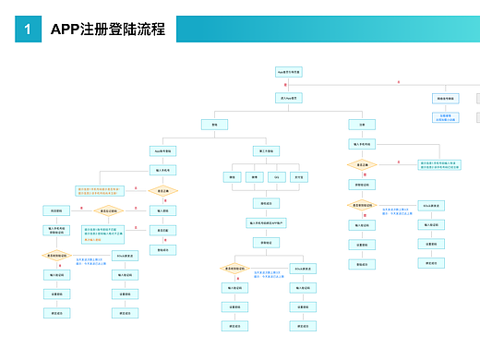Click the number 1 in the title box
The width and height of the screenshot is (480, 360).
click(x=28, y=30)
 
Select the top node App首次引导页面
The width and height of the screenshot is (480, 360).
click(x=289, y=71)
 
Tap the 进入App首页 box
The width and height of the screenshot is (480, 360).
click(x=289, y=96)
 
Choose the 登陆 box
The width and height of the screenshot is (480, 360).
click(x=214, y=124)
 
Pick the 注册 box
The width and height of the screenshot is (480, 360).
click(x=361, y=124)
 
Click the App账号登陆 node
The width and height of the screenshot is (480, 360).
click(x=162, y=150)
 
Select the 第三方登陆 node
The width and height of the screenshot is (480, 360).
click(x=263, y=150)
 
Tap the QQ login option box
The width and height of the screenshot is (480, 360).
click(x=276, y=176)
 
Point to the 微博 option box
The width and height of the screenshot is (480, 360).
click(x=254, y=176)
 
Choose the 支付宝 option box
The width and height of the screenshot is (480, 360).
click(x=298, y=176)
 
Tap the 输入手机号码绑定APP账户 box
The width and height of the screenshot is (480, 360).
click(x=265, y=222)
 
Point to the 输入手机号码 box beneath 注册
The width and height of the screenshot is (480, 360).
click(x=361, y=144)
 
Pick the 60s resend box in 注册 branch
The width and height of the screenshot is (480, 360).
click(x=432, y=205)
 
